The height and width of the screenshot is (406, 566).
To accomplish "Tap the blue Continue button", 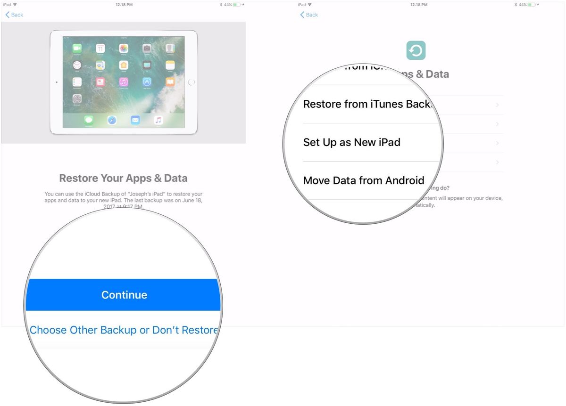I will (x=124, y=295).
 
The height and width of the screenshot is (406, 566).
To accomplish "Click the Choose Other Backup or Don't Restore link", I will (x=124, y=330).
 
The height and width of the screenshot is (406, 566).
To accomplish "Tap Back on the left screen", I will (x=14, y=15).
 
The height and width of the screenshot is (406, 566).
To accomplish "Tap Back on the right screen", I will (x=309, y=15).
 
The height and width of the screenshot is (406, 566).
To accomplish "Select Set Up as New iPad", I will (x=352, y=142).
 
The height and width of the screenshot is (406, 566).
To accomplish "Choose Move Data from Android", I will (x=364, y=180).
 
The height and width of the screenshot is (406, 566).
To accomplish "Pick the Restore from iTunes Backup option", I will (x=367, y=104).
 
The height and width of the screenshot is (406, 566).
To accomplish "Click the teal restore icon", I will (x=416, y=50).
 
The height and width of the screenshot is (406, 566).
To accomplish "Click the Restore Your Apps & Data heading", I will (x=123, y=178).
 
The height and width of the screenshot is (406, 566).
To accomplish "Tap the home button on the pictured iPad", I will (x=191, y=82).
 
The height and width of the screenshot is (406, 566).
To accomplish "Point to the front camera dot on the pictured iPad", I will (x=57, y=82).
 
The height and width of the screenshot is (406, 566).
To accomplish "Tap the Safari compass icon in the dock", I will (x=112, y=120).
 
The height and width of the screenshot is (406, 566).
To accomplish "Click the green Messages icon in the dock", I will (x=89, y=120).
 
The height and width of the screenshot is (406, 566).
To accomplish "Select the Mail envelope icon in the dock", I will (x=135, y=120).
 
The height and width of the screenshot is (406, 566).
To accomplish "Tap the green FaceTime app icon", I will (x=76, y=49).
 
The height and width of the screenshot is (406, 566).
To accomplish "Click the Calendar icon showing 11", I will (x=100, y=49).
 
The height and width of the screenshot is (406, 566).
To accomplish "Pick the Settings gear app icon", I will (x=76, y=98).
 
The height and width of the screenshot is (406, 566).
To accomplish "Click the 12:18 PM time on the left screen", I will (x=124, y=5).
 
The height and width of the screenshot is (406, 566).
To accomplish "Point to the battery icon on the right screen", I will (x=533, y=5).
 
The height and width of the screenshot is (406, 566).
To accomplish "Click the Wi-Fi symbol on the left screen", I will (x=15, y=5).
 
